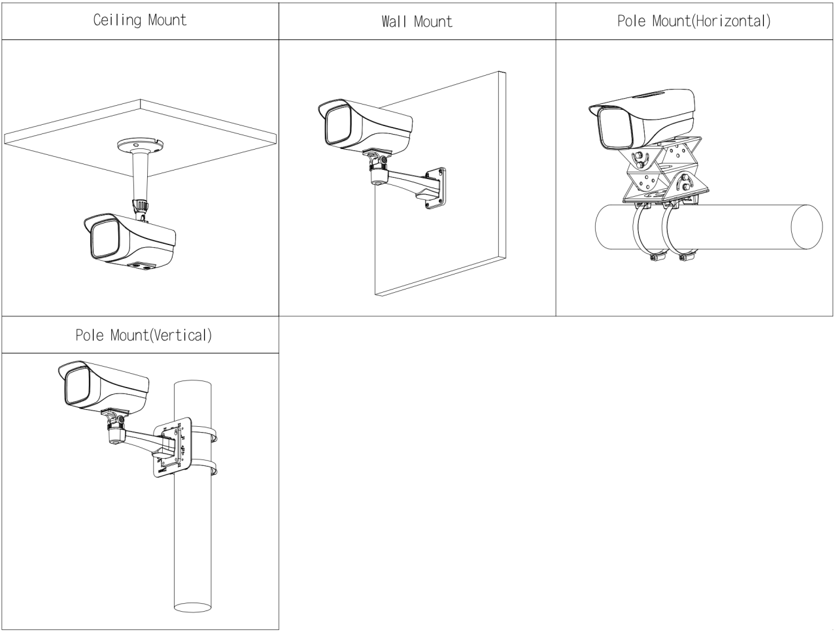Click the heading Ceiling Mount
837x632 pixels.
coord(140,20)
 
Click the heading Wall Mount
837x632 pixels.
coord(417,22)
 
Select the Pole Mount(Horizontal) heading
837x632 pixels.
coord(694,21)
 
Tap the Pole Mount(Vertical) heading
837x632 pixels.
coord(143,336)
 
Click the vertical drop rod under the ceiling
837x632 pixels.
coord(139,175)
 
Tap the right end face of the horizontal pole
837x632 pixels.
coord(806,227)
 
